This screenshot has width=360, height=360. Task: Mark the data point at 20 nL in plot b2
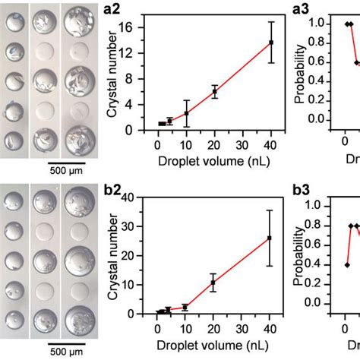(x=214, y=282)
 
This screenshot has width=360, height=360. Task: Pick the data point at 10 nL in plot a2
(x=186, y=113)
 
